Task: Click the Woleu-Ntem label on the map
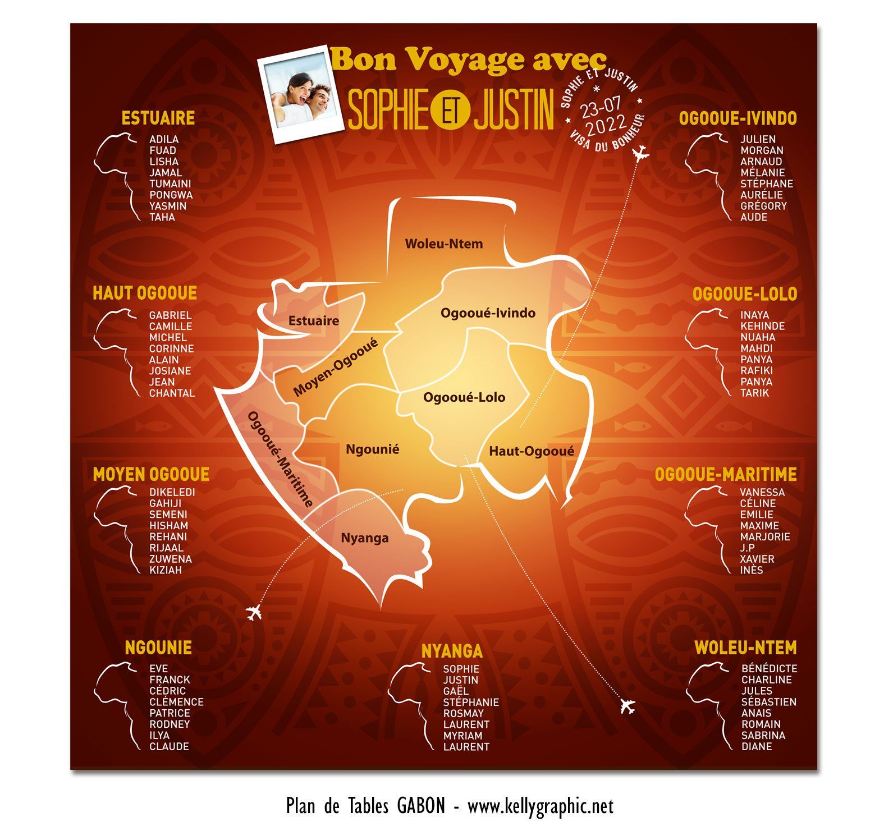pos(443,244)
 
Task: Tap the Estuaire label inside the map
pos(314,321)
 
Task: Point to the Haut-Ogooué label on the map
pos(531,451)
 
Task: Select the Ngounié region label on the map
pos(372,449)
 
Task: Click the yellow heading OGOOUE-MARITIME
pos(725,475)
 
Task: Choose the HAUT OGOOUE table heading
pos(145,293)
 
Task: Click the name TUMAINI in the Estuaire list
pos(170,183)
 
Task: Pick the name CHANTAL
pos(172,393)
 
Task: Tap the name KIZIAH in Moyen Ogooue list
pos(166,570)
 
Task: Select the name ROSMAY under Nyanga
pos(463,713)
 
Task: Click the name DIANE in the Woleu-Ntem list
pos(757,746)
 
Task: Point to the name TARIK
pos(754,393)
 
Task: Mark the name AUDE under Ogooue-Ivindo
pos(753,217)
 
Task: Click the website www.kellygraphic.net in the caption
pos(540,806)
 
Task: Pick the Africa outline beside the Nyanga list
pos(410,704)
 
